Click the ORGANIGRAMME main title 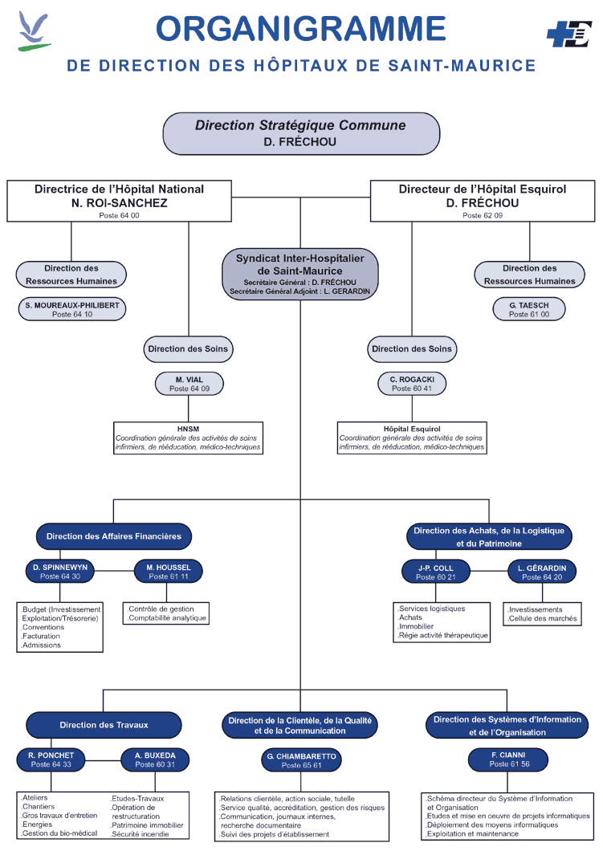[300, 28]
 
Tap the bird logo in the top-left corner [34, 31]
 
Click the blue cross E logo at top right [568, 35]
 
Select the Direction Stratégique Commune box [301, 133]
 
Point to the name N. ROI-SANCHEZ [120, 203]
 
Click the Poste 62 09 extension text [483, 215]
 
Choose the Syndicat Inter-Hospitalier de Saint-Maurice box [300, 274]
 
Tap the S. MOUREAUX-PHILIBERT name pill [72, 309]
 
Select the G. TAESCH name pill [529, 309]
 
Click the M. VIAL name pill [189, 384]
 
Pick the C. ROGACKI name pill [412, 384]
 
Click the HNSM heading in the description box [189, 429]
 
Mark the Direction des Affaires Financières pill [114, 536]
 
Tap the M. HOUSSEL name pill [169, 572]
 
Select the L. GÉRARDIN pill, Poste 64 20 [542, 572]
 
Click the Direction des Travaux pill [104, 725]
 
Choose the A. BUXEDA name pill [155, 759]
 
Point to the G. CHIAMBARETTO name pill [301, 760]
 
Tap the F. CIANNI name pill [508, 759]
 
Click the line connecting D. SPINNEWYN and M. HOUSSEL [114, 571]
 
